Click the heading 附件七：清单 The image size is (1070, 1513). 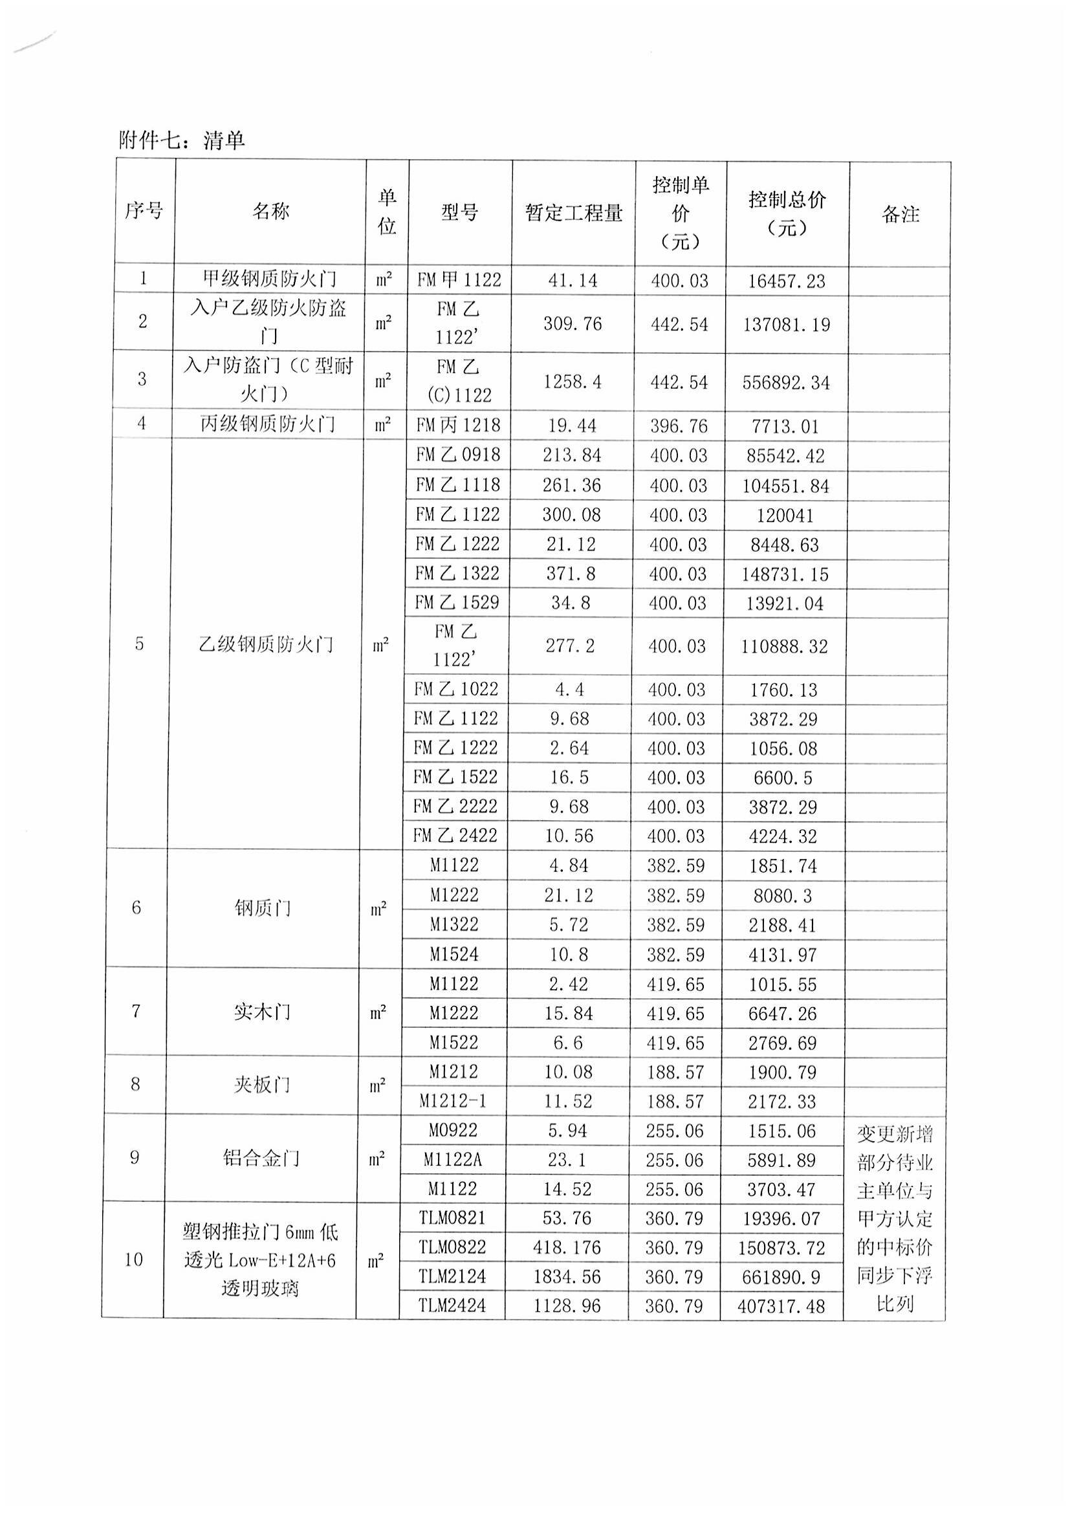tap(182, 140)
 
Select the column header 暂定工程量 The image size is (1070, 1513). tap(573, 213)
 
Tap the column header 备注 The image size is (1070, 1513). tap(900, 214)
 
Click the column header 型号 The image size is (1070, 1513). tap(459, 212)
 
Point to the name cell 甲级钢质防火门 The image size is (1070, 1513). tap(270, 279)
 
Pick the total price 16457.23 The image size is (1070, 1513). tap(786, 281)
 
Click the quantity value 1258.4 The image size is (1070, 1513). tap(572, 382)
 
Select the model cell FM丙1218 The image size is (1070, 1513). tap(458, 425)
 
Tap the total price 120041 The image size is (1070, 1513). tap(785, 516)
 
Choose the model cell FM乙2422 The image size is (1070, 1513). tap(455, 836)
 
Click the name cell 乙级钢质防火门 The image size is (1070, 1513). tap(266, 644)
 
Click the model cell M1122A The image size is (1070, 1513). tap(453, 1159)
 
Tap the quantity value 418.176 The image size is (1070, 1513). tap(567, 1247)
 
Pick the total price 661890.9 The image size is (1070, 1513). tap(781, 1277)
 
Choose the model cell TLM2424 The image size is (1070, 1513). tap(452, 1306)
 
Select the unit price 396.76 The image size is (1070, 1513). tap(679, 426)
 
